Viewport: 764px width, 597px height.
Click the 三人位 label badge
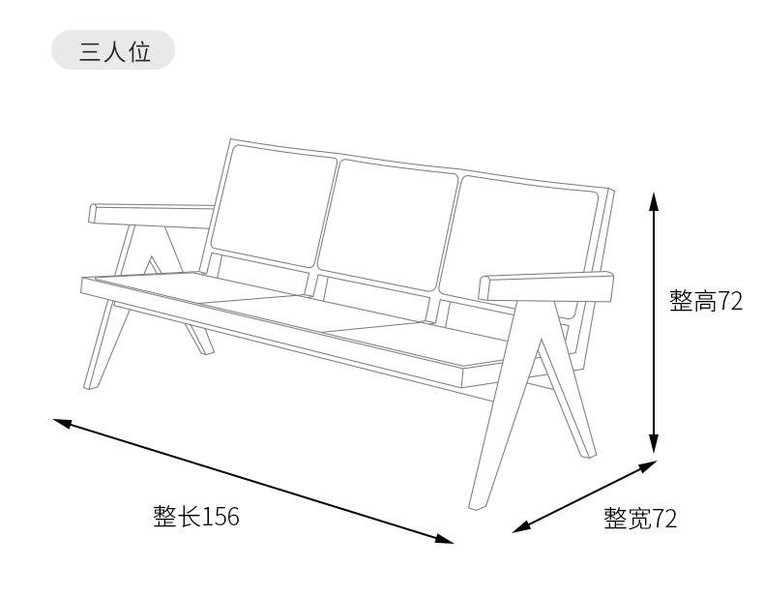(x=112, y=50)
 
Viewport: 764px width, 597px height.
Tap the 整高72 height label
(x=706, y=302)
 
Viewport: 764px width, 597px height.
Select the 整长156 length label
(x=195, y=517)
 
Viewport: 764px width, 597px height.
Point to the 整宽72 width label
(x=640, y=519)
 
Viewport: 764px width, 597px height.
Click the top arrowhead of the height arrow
(x=655, y=201)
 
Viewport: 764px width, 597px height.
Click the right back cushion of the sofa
(x=522, y=242)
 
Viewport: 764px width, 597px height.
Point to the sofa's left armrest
(x=151, y=215)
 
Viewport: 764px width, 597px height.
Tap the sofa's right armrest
(x=546, y=286)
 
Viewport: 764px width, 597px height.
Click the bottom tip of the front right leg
(x=475, y=505)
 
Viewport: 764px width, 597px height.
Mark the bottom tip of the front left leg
(x=90, y=384)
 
